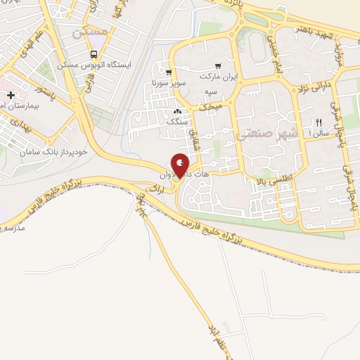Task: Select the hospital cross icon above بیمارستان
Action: [x=11, y=94]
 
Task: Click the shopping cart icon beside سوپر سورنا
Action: [x=169, y=72]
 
